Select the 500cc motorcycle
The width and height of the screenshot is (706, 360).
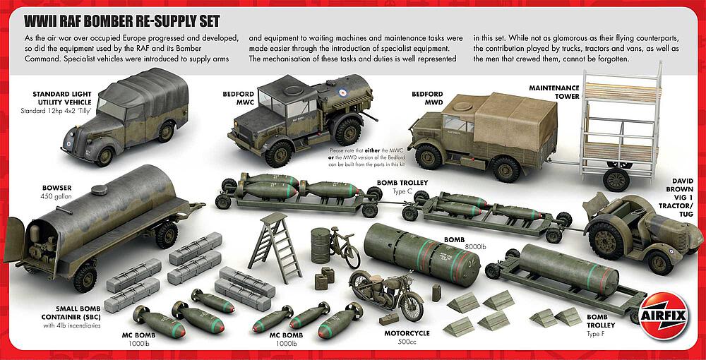tap(385, 295)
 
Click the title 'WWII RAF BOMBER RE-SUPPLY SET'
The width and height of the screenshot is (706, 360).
tap(121, 20)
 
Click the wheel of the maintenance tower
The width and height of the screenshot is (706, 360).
tap(616, 179)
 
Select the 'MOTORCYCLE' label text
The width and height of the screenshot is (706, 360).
tap(406, 333)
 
